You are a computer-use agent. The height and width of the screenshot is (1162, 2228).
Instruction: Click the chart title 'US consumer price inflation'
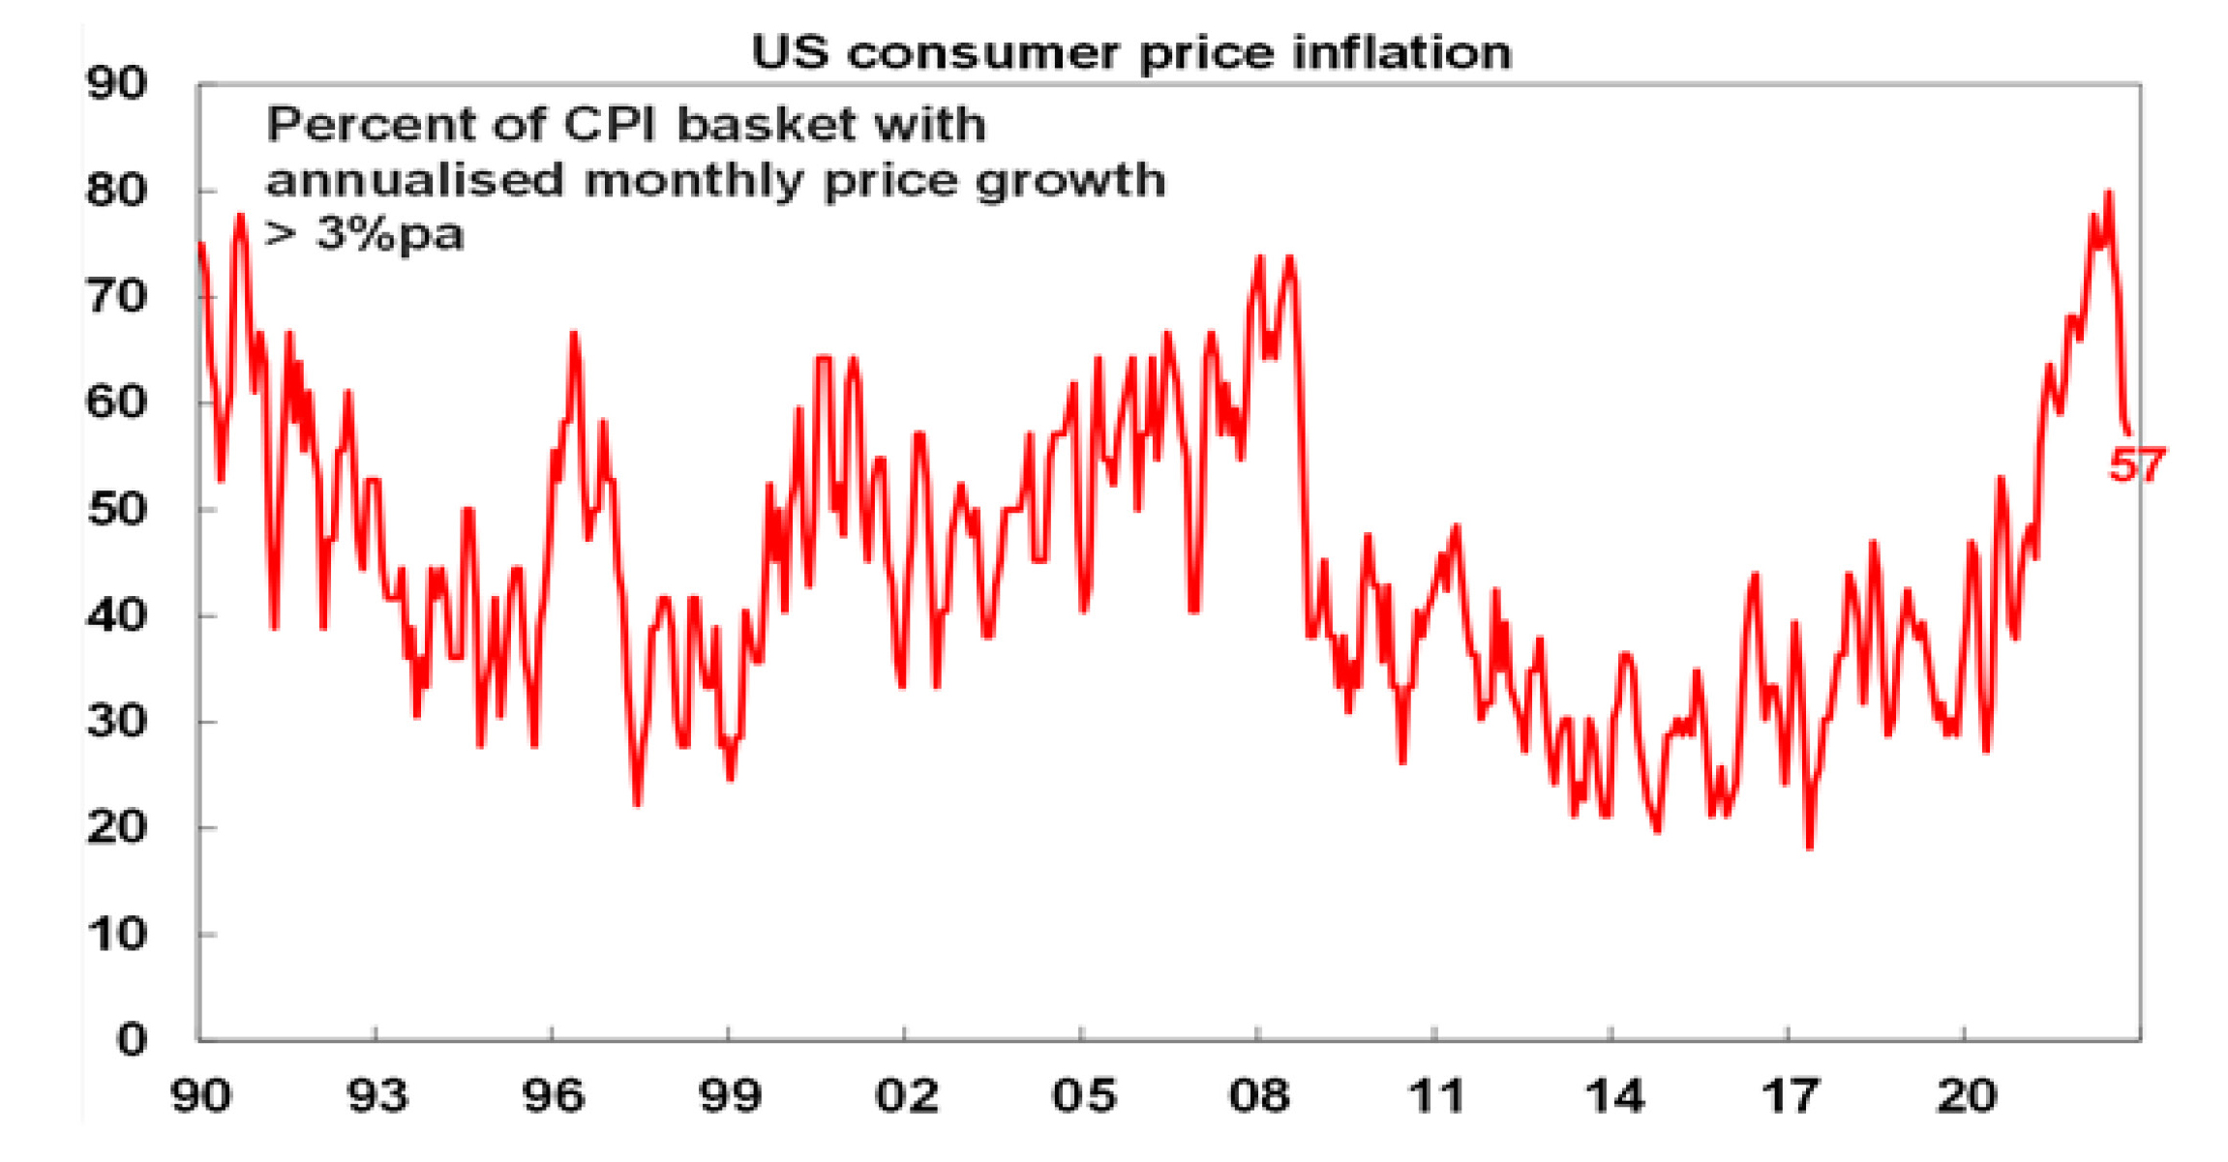1130,52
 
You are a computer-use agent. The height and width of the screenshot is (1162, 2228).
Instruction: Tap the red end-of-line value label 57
2137,465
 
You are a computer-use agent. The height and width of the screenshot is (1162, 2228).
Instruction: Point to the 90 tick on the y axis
116,84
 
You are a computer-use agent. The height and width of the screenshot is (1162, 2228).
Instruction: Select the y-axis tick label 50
116,510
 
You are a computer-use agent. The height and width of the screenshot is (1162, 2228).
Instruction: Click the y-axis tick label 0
132,1040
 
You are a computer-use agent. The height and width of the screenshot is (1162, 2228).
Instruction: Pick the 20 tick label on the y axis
116,828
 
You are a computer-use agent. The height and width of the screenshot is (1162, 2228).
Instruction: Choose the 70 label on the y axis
116,297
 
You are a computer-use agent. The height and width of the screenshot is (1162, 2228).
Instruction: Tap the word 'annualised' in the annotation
414,180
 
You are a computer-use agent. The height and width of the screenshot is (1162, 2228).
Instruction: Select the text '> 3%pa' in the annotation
364,235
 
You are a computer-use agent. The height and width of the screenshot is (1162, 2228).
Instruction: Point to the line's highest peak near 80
2109,193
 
